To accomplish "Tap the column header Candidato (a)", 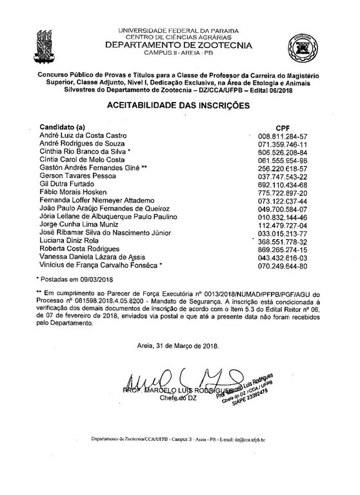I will [x=63, y=127].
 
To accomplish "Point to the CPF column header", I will [x=283, y=128].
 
